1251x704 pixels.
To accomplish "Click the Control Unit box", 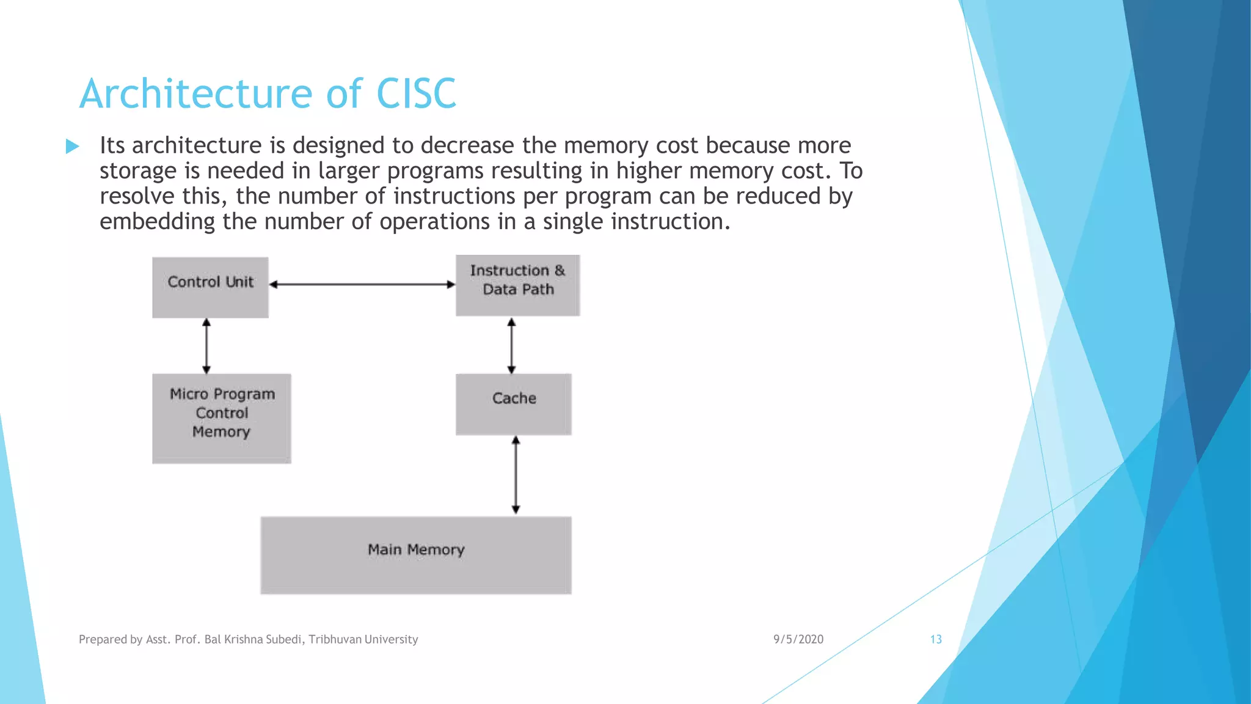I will [210, 287].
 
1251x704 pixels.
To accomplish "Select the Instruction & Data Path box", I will [517, 285].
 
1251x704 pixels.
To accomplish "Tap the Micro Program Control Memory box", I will [221, 419].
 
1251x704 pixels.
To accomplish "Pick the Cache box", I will [513, 404].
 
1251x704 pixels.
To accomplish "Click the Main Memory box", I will [415, 555].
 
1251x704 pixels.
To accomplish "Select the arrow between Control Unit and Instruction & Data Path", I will [362, 284].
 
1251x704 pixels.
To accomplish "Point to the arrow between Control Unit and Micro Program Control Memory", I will [206, 346].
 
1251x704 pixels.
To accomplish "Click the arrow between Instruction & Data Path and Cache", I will [511, 345].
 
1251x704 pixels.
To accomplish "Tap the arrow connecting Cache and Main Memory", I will [516, 475].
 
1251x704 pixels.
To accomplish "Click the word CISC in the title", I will [416, 94].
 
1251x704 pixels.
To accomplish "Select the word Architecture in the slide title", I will [195, 94].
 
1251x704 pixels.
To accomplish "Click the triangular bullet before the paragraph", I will [72, 146].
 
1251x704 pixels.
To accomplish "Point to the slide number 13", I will [936, 639].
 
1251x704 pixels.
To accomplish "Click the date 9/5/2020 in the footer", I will [798, 639].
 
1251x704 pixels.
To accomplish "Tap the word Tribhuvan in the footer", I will [335, 639].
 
